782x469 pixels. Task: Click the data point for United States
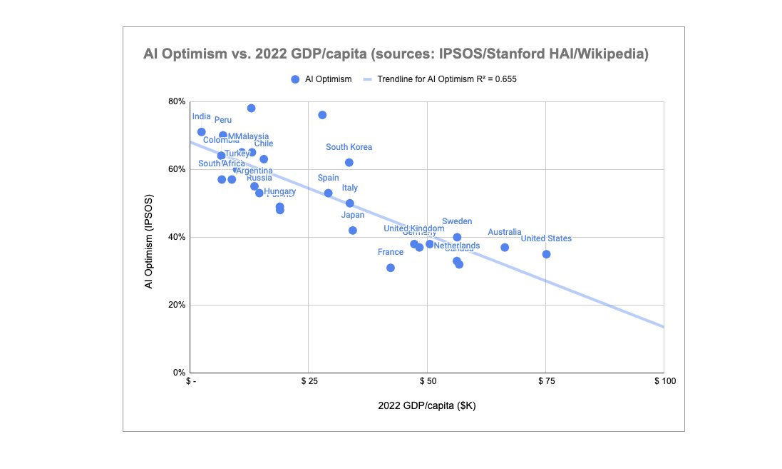[x=546, y=254]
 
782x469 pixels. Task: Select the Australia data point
[x=505, y=247]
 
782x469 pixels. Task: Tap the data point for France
[x=391, y=268]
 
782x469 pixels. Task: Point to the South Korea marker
[x=349, y=162]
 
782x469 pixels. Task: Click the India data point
[x=202, y=132]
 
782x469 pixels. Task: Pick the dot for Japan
[x=353, y=230]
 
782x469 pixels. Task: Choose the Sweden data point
[x=457, y=237]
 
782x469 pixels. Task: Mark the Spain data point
[x=329, y=193]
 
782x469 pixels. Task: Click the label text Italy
[x=350, y=188]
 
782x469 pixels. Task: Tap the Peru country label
[x=223, y=120]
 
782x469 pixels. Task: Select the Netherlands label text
[x=457, y=246]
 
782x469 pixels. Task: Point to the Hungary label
[x=279, y=191]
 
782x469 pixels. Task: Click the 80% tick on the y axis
[x=176, y=101]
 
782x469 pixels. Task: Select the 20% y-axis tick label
[x=176, y=305]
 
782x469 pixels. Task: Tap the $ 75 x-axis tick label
[x=545, y=382]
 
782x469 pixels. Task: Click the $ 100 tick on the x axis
[x=664, y=382]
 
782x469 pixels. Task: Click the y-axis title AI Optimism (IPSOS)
[x=149, y=237]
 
